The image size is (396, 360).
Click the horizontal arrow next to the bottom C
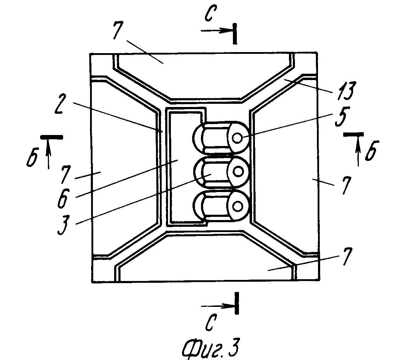pos(216,305)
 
